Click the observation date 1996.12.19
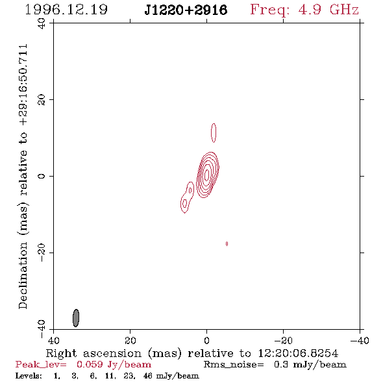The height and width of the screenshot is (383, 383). (x=66, y=10)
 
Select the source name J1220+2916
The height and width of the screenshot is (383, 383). (x=186, y=10)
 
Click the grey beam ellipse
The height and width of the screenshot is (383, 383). (x=76, y=318)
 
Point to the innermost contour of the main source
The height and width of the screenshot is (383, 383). (x=206, y=175)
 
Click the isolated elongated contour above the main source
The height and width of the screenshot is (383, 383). (x=214, y=133)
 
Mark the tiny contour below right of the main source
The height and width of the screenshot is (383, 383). (x=227, y=244)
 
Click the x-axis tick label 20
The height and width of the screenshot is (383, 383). (x=130, y=341)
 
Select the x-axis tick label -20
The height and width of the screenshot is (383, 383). (x=283, y=341)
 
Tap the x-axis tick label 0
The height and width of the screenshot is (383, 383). (x=206, y=341)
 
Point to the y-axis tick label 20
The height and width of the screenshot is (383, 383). (x=42, y=100)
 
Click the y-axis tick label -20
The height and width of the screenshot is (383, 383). (x=42, y=253)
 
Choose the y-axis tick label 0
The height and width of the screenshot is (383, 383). (x=42, y=176)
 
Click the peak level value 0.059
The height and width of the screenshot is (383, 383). (x=90, y=364)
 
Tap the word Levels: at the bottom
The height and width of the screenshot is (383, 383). (x=29, y=376)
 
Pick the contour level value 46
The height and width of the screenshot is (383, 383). (x=149, y=376)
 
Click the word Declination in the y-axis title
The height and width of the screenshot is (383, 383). (x=23, y=275)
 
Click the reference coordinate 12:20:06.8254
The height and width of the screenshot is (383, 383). (x=298, y=353)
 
